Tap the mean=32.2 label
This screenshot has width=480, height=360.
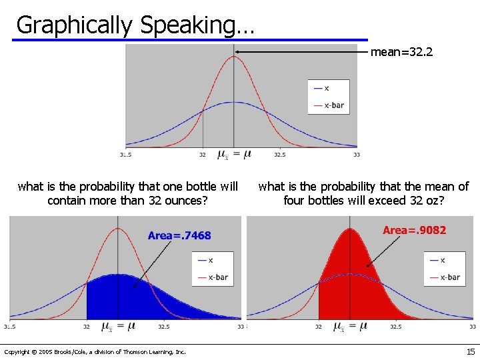[x=401, y=51]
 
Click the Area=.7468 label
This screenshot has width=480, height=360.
[x=179, y=235]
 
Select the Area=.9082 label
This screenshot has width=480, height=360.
[x=414, y=230]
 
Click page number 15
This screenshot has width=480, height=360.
[x=471, y=351]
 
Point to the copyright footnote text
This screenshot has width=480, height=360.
[x=95, y=351]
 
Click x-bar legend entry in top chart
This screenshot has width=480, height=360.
[x=333, y=105]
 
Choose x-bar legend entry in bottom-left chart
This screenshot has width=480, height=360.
[x=217, y=277]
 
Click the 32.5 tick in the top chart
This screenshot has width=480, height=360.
[x=279, y=155]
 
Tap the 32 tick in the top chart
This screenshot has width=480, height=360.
[x=202, y=155]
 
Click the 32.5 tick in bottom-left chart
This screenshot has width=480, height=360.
[x=163, y=327]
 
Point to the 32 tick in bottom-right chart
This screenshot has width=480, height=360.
[x=319, y=327]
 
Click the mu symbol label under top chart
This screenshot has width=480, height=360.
[x=234, y=155]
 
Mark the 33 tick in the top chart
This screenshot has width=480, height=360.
[x=357, y=155]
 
